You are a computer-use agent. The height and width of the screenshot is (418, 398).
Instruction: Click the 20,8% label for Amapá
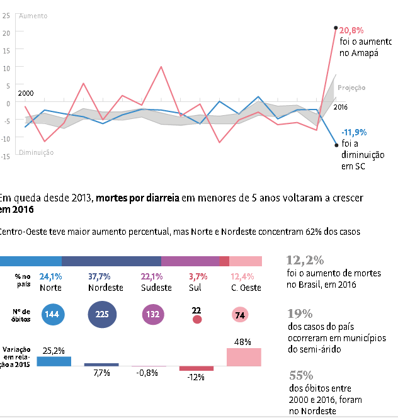[351, 30]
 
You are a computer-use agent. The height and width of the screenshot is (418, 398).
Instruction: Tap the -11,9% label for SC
[353, 133]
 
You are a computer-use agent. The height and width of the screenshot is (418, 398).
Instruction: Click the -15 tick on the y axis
[6, 156]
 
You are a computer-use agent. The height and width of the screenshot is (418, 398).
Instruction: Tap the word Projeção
[351, 88]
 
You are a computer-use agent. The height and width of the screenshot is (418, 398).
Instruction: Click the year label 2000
[26, 93]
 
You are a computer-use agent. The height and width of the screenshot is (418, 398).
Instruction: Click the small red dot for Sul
[197, 320]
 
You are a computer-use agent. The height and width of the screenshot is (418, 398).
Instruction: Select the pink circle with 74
[239, 315]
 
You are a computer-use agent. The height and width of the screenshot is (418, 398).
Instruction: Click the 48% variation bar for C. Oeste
[244, 357]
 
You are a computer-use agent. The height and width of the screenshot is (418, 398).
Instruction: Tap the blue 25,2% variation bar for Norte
[54, 361]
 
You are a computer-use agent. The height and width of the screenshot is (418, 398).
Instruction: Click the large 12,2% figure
[305, 259]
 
